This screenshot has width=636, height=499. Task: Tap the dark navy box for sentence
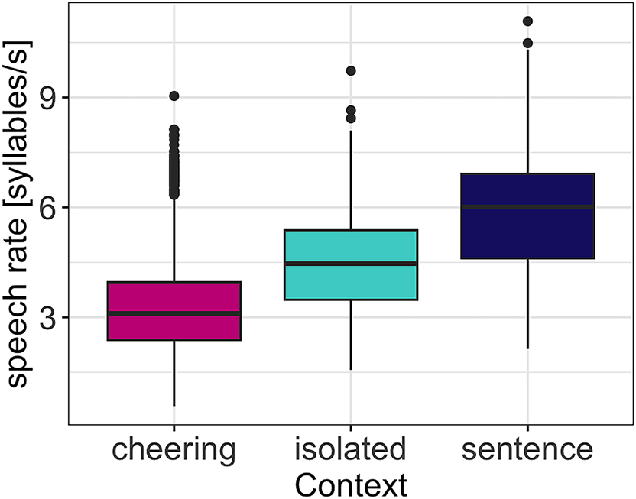(527, 229)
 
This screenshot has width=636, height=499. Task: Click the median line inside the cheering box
(174, 313)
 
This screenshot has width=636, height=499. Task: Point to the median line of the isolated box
(351, 263)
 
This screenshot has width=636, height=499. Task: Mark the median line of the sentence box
(527, 206)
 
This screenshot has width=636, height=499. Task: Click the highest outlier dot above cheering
(174, 96)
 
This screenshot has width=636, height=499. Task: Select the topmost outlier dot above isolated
(351, 70)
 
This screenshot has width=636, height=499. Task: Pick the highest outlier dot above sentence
(527, 21)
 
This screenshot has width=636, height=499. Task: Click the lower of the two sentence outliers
(527, 43)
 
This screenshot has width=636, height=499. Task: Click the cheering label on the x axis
(174, 449)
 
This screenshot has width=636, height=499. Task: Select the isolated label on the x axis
(351, 449)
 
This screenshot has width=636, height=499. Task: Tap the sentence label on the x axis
(527, 449)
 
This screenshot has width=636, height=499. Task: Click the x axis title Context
(351, 483)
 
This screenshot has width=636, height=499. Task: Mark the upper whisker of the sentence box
(527, 115)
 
